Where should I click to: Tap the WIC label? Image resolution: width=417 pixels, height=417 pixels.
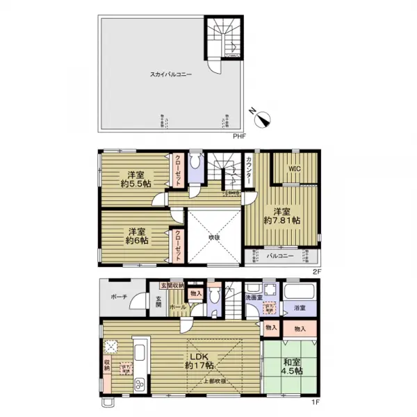(x=294, y=167)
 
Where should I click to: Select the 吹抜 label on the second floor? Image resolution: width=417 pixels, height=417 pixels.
(x=214, y=237)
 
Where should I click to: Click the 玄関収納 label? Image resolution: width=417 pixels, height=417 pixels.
(x=173, y=285)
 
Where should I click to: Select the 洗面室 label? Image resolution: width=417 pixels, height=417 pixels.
(x=254, y=297)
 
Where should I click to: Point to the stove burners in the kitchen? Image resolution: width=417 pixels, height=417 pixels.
(x=139, y=384)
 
